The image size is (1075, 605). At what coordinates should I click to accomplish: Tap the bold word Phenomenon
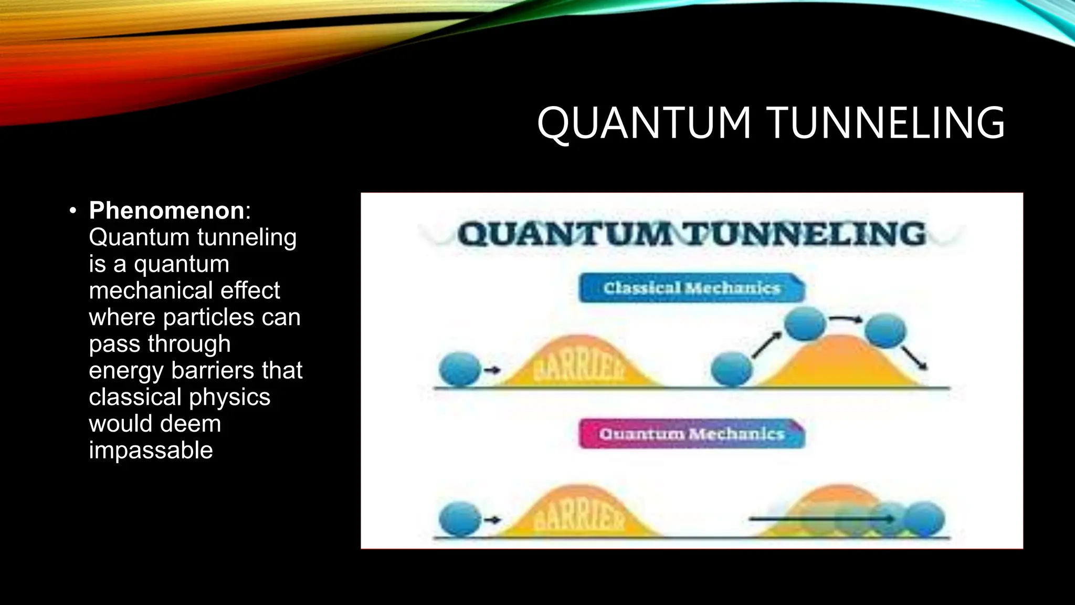click(x=166, y=211)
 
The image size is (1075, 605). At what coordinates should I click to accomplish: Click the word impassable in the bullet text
click(x=151, y=450)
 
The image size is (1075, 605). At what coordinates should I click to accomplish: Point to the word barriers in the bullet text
click(x=213, y=370)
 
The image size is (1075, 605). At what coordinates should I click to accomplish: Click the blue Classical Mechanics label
click(x=691, y=288)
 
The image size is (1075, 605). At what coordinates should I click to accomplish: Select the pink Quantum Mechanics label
click(x=691, y=434)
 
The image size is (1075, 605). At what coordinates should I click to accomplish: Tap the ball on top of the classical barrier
click(x=805, y=324)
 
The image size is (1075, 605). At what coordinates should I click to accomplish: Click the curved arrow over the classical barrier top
click(x=846, y=318)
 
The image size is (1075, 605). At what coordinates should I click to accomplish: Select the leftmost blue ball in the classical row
click(x=460, y=370)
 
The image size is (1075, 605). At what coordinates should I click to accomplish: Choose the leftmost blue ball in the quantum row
click(x=460, y=519)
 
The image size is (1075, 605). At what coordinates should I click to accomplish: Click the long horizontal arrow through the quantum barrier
click(x=819, y=519)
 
